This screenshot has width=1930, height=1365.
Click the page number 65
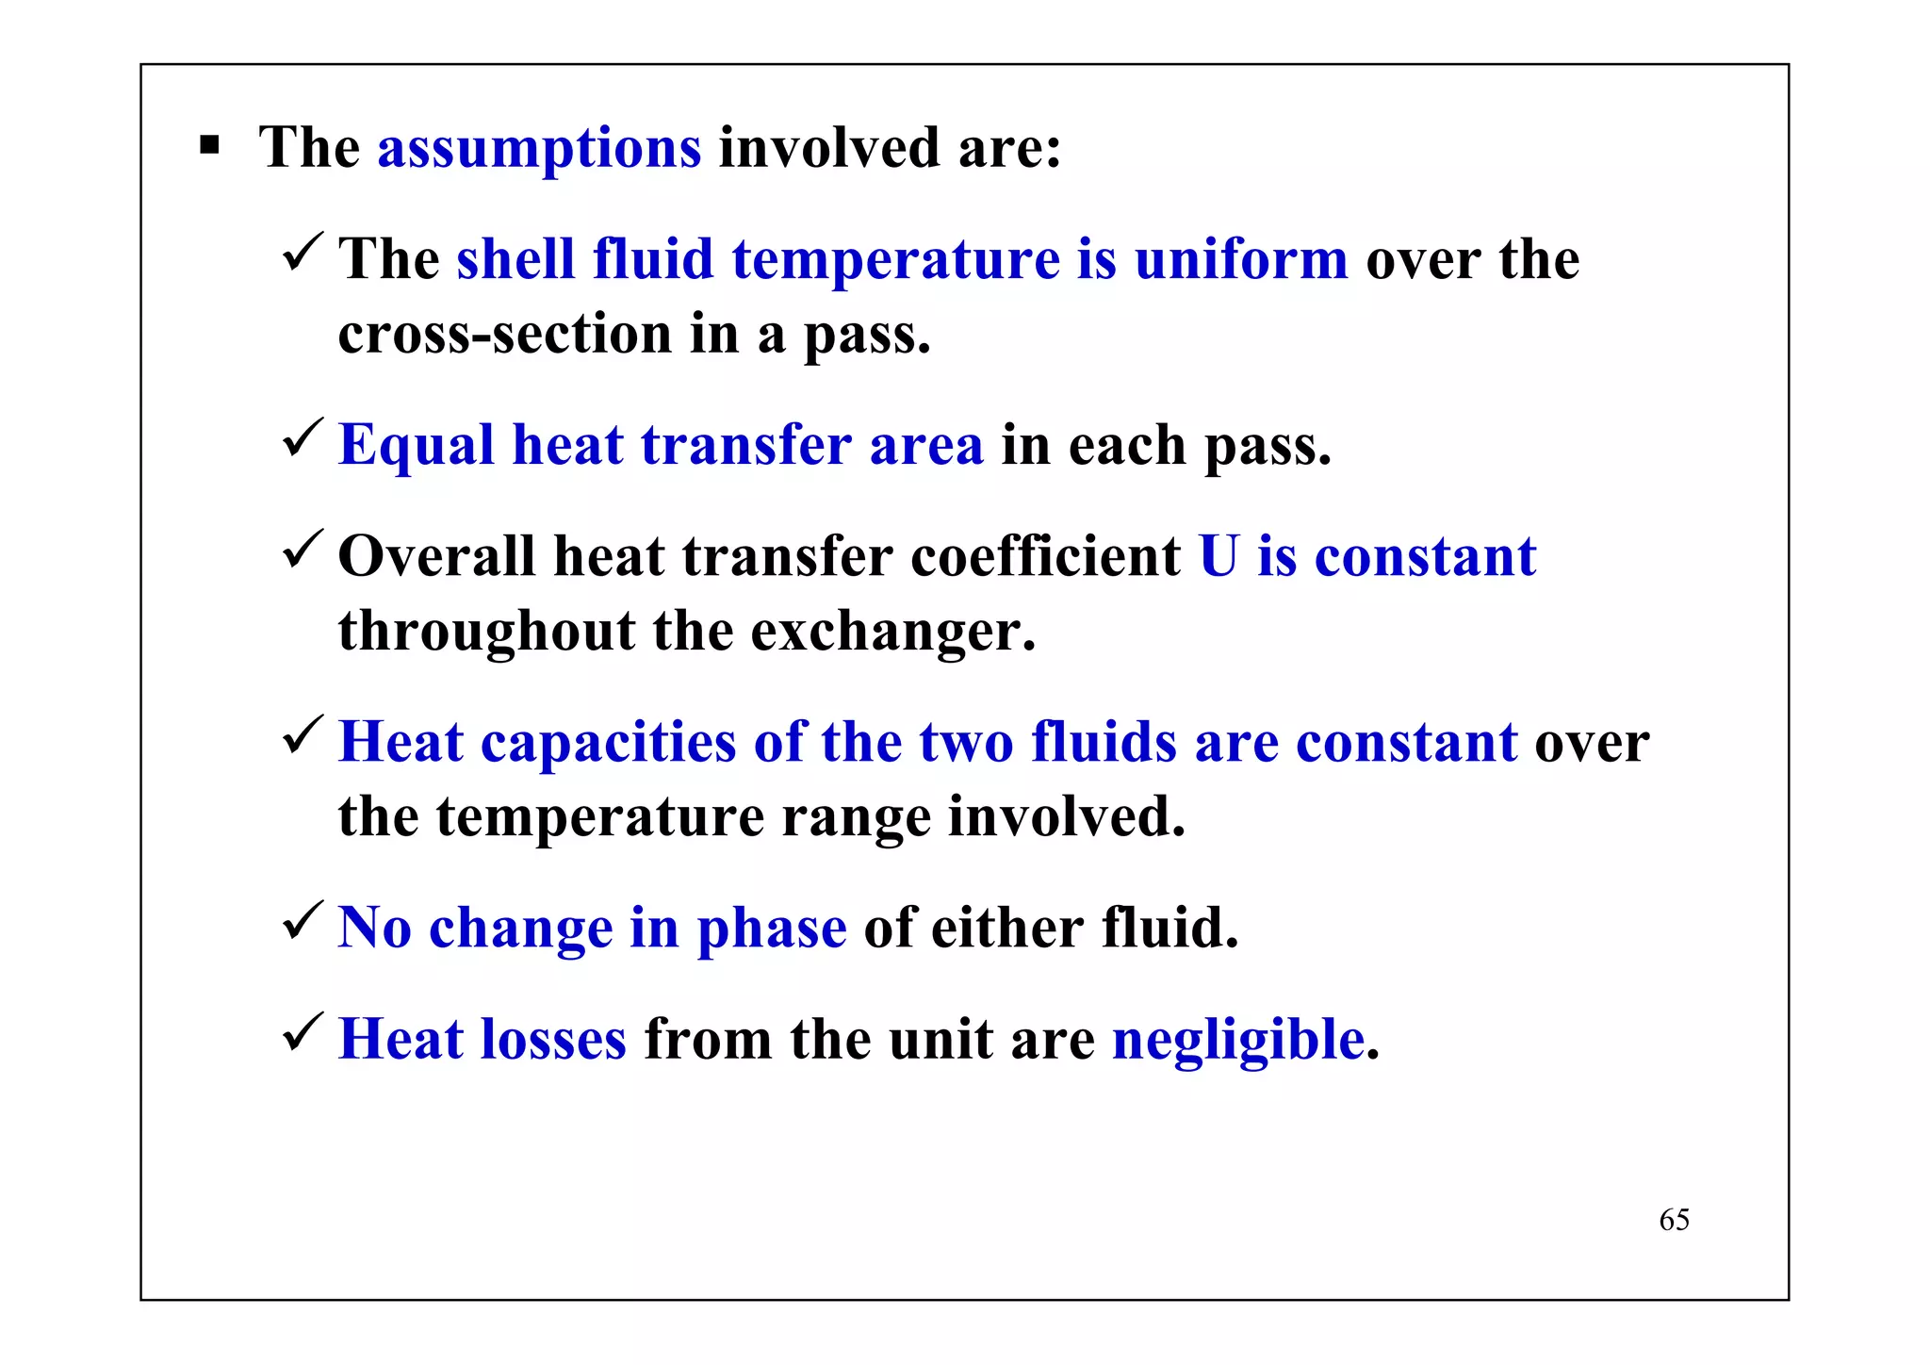tap(1674, 1220)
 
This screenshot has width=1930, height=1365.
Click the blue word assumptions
tap(539, 149)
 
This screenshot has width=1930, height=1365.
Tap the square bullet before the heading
tap(209, 146)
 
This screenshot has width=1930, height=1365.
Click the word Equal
tap(416, 446)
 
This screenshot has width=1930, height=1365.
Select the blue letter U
tap(1219, 556)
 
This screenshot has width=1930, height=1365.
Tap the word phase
tap(771, 929)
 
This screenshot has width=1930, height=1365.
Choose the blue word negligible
tap(1238, 1042)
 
